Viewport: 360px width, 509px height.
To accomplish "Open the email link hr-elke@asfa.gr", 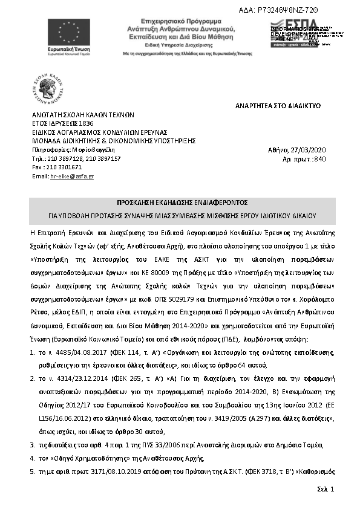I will [72, 176].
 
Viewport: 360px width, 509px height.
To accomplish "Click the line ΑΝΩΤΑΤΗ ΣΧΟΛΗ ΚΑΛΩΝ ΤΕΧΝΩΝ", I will [83, 114].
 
